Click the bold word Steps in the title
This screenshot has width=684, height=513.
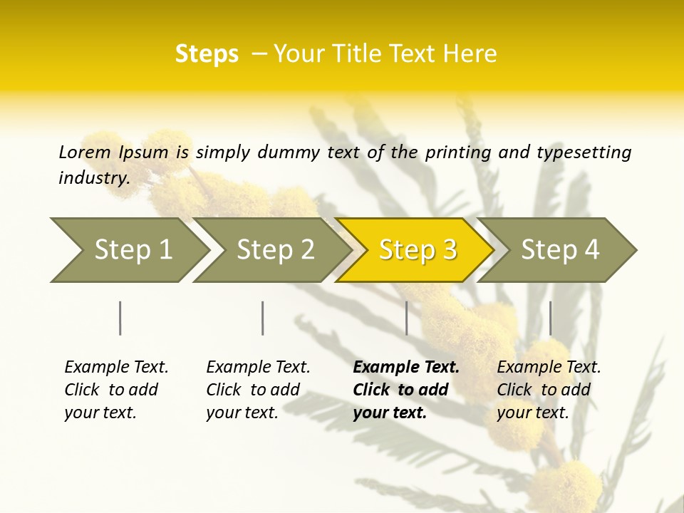tap(207, 54)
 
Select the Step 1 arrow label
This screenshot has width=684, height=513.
tap(133, 249)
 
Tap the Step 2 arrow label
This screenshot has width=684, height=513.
tap(275, 249)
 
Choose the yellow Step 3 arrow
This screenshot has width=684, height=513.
tap(418, 249)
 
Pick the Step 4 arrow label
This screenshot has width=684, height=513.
tap(560, 249)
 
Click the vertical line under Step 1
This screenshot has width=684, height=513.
tap(120, 318)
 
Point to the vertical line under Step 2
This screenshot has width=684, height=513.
tap(263, 318)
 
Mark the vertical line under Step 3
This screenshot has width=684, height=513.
tap(407, 318)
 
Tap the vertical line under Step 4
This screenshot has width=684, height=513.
tap(551, 318)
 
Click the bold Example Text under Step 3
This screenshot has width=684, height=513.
tap(406, 367)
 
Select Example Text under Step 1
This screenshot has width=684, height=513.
tap(116, 367)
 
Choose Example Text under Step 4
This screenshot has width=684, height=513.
tap(549, 367)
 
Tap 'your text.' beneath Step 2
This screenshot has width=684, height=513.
tap(242, 413)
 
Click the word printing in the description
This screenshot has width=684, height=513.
tap(459, 152)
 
